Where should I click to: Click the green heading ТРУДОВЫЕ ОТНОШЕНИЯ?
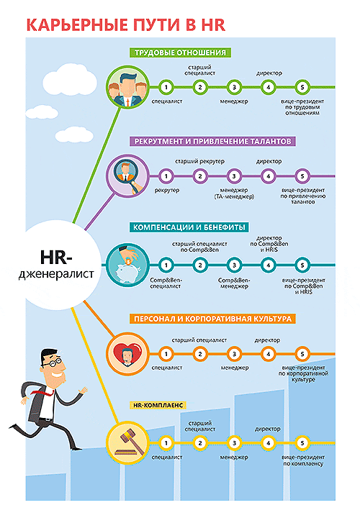coord(181,53)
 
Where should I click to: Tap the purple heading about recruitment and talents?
coord(212,141)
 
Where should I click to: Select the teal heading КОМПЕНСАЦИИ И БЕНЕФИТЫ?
coord(189,227)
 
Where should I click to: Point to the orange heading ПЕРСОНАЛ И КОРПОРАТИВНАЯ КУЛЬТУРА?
coord(212,319)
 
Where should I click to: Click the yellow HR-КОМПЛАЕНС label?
coord(158,405)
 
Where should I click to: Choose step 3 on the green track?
coord(234,87)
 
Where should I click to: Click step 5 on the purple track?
coord(302,176)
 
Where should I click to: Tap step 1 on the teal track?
coord(166,265)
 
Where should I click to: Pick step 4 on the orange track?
coord(268,354)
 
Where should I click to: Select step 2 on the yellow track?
coord(200,443)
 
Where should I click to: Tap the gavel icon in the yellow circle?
coord(128,442)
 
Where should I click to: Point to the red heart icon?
coord(128,353)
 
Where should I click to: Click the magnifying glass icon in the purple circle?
coord(127,176)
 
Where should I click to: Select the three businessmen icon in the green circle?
coord(128,89)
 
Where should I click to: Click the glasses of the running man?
coord(52,363)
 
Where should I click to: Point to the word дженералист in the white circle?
coord(56,274)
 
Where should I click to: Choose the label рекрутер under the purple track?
coord(167,191)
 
